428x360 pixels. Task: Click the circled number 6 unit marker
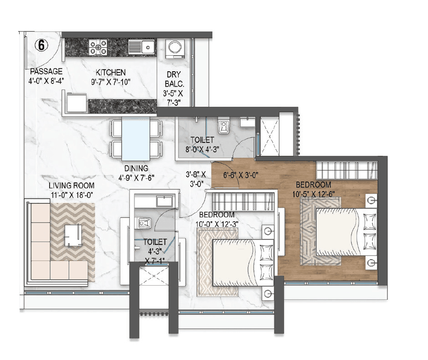[x=41, y=45]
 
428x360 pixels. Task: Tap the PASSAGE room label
[x=46, y=72]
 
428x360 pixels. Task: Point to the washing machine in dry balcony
[x=174, y=48]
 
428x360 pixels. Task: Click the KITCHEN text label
[x=110, y=73]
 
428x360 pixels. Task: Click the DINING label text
[x=135, y=167]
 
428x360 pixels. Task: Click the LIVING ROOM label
[x=72, y=185]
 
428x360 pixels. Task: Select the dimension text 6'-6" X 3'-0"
[x=241, y=174]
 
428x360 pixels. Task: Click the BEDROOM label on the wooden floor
[x=313, y=185]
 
